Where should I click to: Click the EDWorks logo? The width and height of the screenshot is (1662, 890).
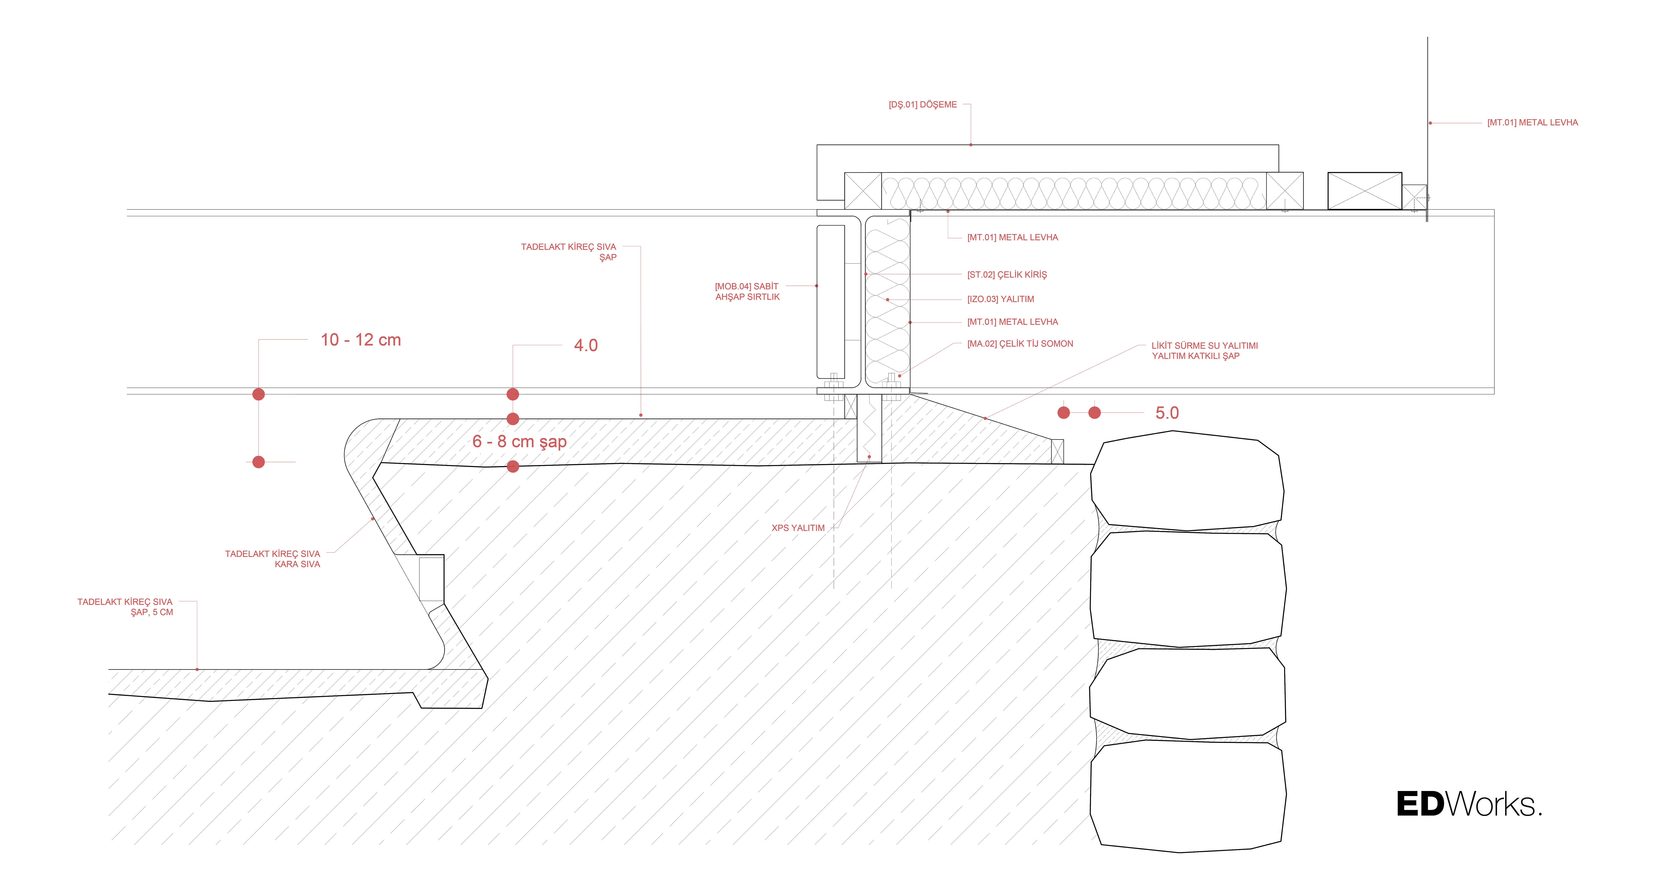[1468, 804]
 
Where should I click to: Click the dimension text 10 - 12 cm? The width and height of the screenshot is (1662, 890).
[361, 340]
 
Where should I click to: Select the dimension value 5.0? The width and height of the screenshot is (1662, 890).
[1166, 413]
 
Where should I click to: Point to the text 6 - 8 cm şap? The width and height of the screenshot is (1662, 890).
[519, 442]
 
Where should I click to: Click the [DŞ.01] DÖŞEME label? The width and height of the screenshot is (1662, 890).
[923, 105]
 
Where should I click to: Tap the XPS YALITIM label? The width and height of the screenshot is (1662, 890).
[798, 528]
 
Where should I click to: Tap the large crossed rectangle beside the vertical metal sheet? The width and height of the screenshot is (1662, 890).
[1365, 191]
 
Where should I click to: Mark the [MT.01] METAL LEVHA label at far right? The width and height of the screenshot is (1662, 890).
[1532, 123]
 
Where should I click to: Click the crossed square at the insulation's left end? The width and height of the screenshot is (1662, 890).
[863, 191]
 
